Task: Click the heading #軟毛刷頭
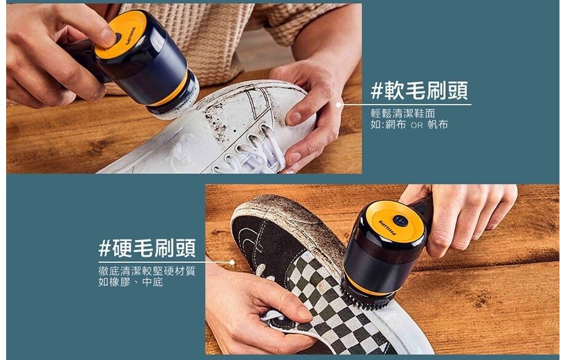419,90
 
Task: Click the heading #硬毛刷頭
147,248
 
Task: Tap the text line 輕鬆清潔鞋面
403,114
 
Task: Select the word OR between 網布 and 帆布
417,126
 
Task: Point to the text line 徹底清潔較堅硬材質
147,271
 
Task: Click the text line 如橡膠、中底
131,282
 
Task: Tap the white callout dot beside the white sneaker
338,105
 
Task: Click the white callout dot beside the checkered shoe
232,262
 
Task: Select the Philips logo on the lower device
388,227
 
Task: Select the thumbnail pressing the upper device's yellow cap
108,37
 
